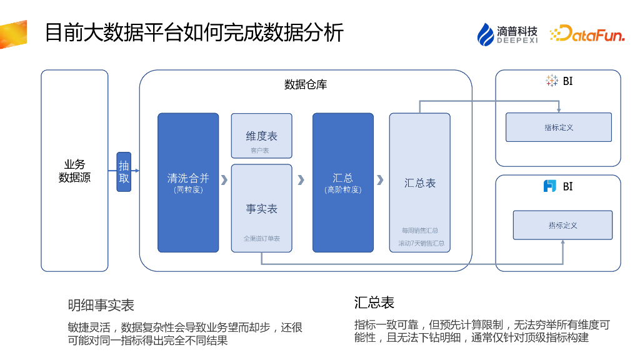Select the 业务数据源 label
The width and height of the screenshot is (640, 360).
pos(74,171)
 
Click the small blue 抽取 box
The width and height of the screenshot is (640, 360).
pos(124,171)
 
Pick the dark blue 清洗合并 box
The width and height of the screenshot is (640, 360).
pos(188,182)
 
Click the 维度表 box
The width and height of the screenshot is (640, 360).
pos(261,136)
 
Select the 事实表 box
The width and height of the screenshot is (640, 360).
pos(261,208)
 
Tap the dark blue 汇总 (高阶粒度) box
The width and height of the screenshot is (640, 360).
pos(342,182)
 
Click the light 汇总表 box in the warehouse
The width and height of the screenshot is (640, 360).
pos(419,182)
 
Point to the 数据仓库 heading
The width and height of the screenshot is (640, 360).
pos(305,84)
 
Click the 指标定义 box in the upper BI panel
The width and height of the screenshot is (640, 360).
pos(558,127)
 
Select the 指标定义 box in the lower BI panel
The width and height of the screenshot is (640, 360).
pos(562,225)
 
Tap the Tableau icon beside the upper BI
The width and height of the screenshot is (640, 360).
pos(551,81)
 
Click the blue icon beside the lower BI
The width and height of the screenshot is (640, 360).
pos(549,186)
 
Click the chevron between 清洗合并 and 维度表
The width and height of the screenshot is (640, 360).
pos(224,180)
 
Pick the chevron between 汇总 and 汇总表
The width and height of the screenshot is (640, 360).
pos(380,180)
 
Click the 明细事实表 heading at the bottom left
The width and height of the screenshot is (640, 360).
pos(101,305)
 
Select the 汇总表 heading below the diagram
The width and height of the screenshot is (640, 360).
pos(374,302)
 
